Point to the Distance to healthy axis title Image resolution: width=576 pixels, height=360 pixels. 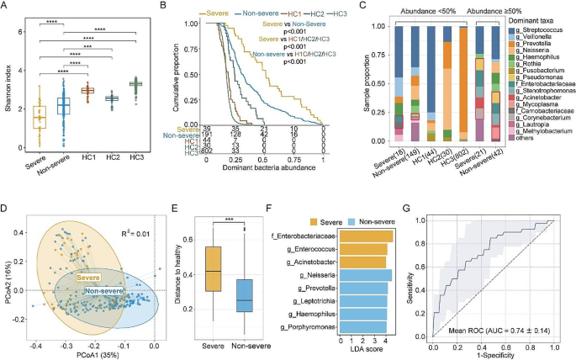[187, 268]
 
